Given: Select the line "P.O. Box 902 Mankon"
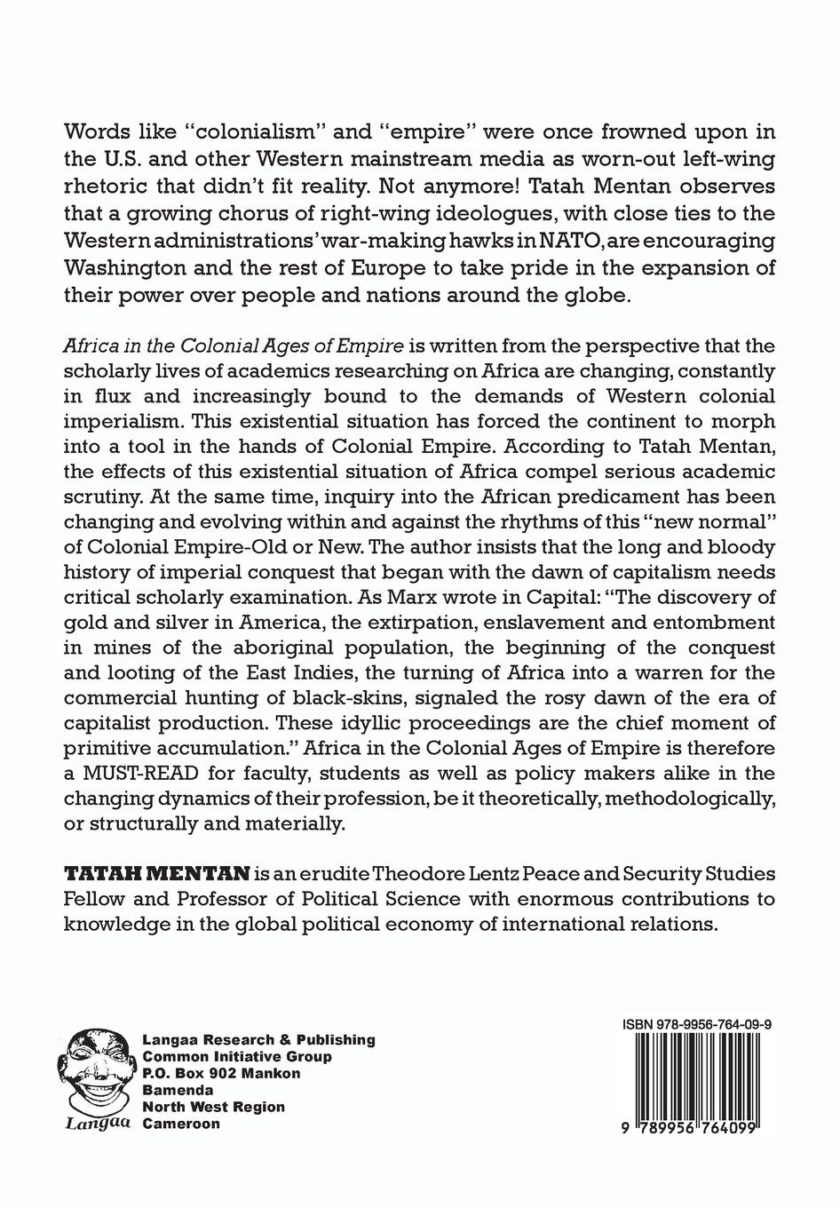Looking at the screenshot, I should [221, 1073].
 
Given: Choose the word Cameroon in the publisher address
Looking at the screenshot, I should [181, 1123].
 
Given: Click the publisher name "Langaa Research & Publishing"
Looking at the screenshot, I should [258, 1039].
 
